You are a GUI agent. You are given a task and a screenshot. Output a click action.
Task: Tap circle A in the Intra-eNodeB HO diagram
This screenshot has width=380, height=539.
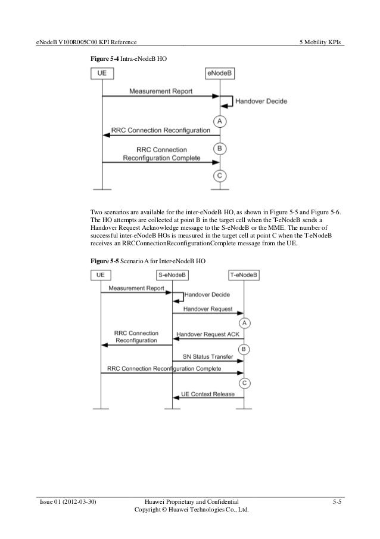tap(220, 121)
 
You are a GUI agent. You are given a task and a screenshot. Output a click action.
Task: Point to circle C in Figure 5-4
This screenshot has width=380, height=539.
tap(220, 175)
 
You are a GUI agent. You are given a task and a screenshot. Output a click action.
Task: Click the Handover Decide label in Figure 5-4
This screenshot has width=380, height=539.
tap(261, 101)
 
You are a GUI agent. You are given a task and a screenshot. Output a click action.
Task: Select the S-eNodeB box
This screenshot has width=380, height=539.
tap(172, 275)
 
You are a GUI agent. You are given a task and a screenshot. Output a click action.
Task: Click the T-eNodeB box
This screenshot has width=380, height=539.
tap(244, 275)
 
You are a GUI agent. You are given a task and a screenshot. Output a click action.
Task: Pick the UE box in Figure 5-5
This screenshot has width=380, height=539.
tap(101, 275)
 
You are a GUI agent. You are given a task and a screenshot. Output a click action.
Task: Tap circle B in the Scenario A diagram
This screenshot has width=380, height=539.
tap(244, 349)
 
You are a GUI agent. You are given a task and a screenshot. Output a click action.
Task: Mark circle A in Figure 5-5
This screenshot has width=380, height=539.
tap(244, 323)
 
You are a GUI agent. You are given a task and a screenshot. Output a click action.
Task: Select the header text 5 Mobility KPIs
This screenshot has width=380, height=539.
tap(323, 42)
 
